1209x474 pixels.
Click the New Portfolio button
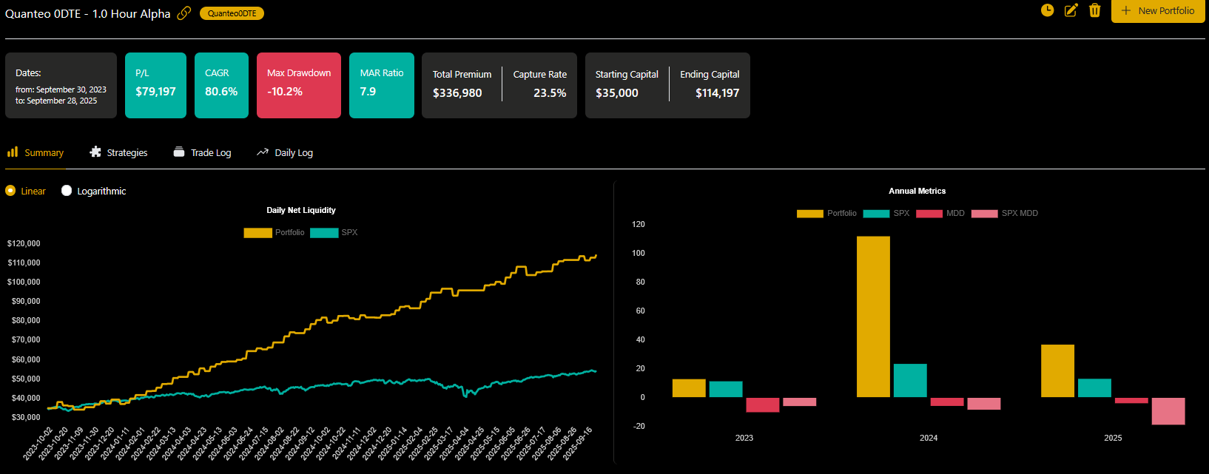1158,11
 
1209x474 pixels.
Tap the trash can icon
1095,10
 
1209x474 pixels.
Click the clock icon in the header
1047,10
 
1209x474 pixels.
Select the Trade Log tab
203,152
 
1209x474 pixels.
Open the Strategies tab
118,152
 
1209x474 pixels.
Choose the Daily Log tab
285,152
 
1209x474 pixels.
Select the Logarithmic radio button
67,191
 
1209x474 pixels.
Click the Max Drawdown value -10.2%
285,92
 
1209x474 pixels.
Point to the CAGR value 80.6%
221,92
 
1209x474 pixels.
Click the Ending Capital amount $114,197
717,93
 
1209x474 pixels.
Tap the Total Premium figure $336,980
457,93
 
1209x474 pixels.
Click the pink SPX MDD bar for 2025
1168,411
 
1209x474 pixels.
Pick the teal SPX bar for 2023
725,389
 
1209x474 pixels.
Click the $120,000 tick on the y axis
24,243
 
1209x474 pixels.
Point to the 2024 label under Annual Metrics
929,438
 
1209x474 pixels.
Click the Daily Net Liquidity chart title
301,210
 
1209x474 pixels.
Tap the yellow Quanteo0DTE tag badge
232,13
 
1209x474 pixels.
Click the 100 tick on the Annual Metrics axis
638,253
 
